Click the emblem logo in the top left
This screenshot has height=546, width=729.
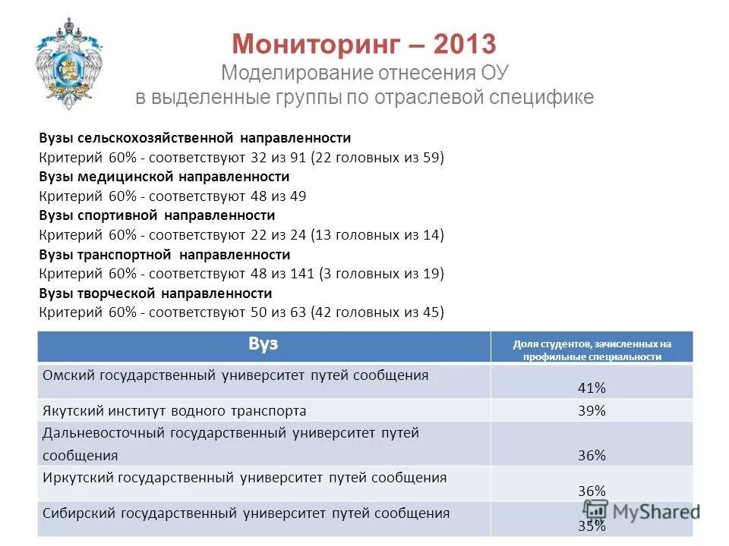pyautogui.click(x=69, y=64)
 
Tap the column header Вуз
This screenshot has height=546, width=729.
pyautogui.click(x=263, y=344)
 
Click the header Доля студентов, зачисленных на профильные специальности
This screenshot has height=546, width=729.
pyautogui.click(x=592, y=350)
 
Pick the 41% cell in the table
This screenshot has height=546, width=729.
pyautogui.click(x=592, y=388)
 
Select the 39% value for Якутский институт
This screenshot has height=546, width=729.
pyautogui.click(x=592, y=410)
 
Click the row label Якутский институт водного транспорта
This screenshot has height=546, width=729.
pyautogui.click(x=175, y=410)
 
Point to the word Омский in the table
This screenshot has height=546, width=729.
pyautogui.click(x=68, y=375)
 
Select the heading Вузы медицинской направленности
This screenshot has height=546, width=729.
pyautogui.click(x=164, y=177)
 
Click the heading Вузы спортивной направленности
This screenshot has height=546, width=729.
pyautogui.click(x=156, y=215)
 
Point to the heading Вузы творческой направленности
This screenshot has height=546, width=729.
pyautogui.click(x=155, y=293)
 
